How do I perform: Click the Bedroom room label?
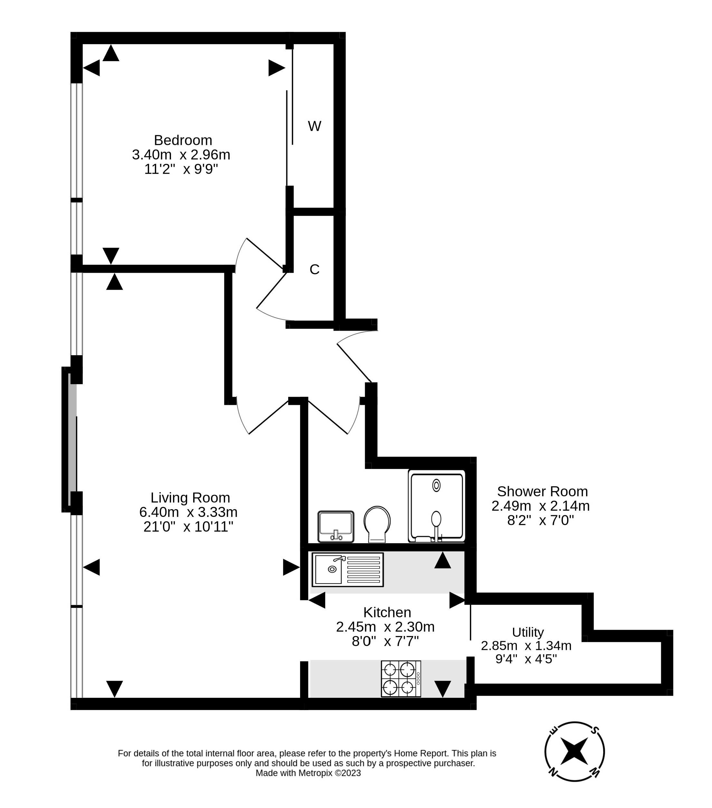[x=183, y=140]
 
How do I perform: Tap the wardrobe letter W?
[x=314, y=127]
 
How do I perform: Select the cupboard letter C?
[x=314, y=270]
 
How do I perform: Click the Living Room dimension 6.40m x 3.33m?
[x=188, y=512]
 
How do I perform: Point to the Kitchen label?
[x=387, y=612]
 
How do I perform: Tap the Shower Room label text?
[x=542, y=491]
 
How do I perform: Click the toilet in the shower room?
[x=377, y=524]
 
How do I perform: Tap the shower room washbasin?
[x=336, y=526]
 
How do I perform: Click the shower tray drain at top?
[x=436, y=485]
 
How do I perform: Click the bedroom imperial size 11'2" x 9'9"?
[x=181, y=169]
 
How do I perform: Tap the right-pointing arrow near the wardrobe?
[x=276, y=68]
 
